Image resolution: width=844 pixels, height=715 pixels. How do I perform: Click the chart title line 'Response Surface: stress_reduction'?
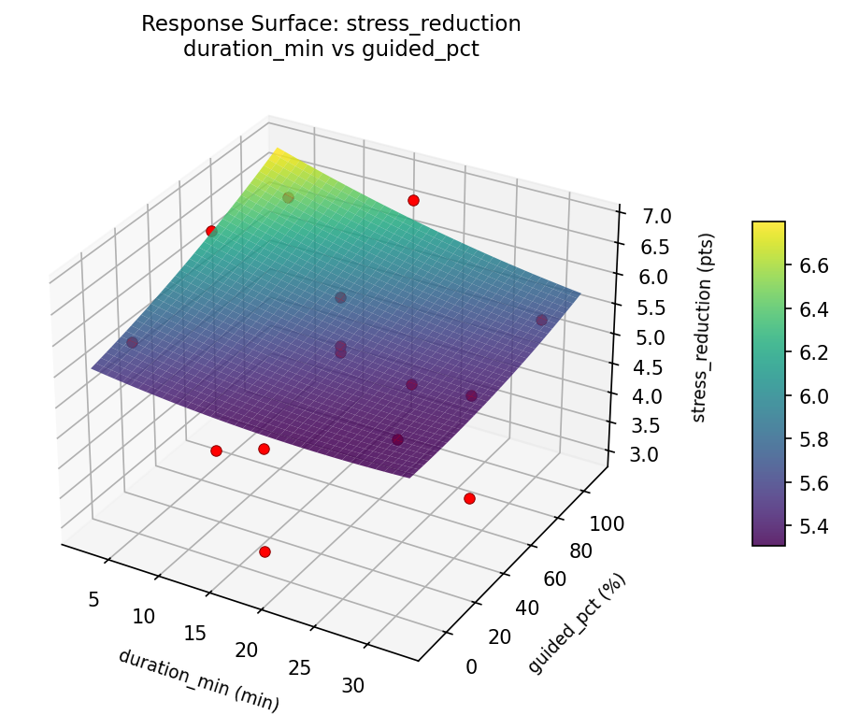pyautogui.click(x=331, y=24)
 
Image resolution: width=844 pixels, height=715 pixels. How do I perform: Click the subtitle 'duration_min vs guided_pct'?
pyautogui.click(x=331, y=50)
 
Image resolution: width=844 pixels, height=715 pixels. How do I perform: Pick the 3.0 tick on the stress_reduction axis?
pyautogui.click(x=641, y=455)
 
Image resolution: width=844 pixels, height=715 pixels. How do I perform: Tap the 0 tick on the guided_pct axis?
pyautogui.click(x=470, y=666)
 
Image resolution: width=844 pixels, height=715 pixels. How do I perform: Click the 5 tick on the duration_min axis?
pyautogui.click(x=93, y=598)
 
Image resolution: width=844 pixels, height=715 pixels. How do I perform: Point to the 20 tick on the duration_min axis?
pyautogui.click(x=246, y=650)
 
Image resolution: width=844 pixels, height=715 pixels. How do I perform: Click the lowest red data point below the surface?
pyautogui.click(x=265, y=552)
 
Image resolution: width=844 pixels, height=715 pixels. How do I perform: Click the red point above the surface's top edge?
pyautogui.click(x=413, y=201)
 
